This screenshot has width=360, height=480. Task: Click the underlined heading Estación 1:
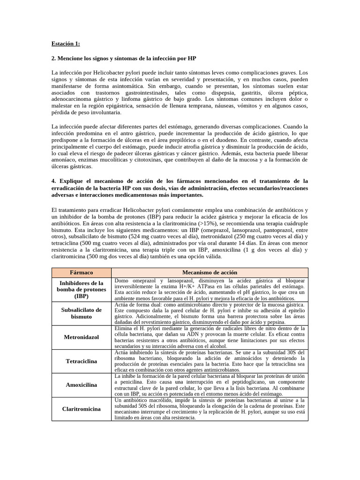coord(66,44)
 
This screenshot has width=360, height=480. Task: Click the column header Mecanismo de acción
coord(210,272)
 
